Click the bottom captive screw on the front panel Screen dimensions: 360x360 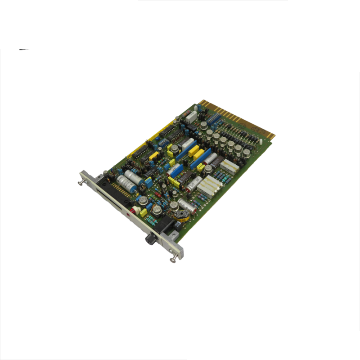tap(172, 259)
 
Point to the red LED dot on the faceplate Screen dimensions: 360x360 tap(129, 216)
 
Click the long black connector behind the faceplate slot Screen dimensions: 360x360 tap(111, 189)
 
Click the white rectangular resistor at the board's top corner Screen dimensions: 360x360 tap(191, 116)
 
